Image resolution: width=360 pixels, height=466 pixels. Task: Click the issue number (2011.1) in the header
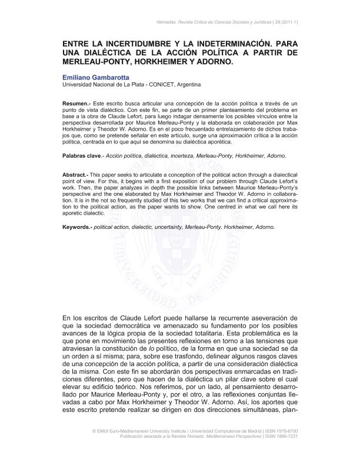point(285,22)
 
